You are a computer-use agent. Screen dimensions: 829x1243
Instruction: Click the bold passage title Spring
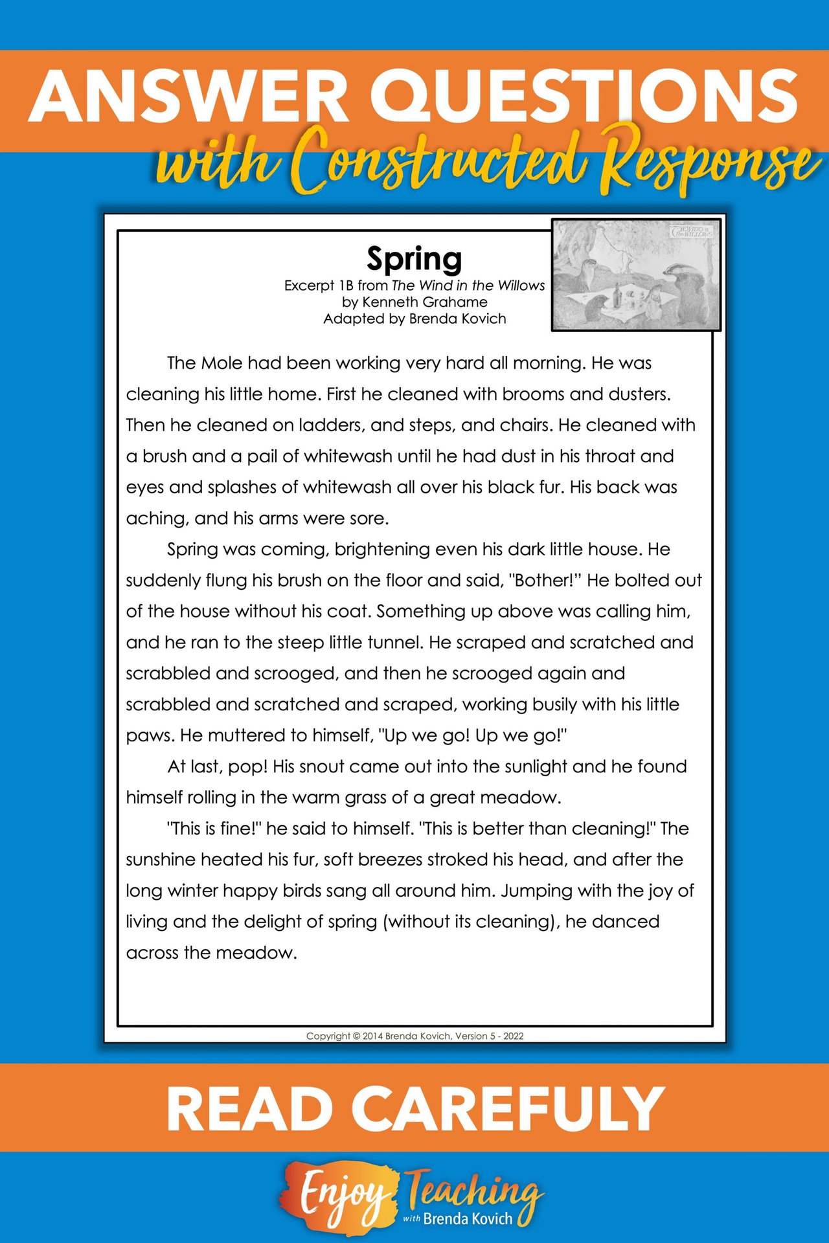pyautogui.click(x=414, y=259)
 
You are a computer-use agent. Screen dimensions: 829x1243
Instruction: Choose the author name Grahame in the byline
pyautogui.click(x=456, y=302)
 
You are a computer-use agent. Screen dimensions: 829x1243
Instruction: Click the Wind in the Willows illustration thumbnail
pyautogui.click(x=636, y=274)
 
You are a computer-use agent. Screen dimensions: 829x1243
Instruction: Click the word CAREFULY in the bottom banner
pyautogui.click(x=512, y=1109)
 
